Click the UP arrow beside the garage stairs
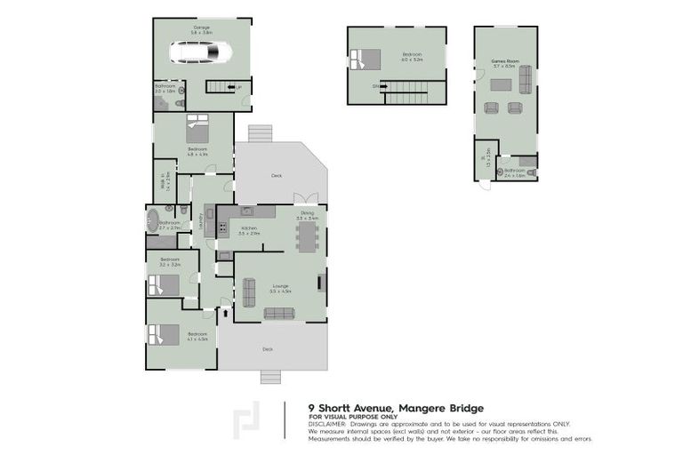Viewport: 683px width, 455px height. tap(237, 86)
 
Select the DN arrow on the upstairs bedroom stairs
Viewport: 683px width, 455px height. tap(377, 85)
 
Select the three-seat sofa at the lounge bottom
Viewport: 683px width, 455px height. tap(278, 313)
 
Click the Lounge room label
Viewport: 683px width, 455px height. tap(280, 285)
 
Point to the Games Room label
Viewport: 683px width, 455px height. tap(505, 61)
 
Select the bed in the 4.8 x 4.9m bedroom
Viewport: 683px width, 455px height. tap(197, 130)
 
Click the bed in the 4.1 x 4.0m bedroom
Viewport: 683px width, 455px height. tap(164, 335)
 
